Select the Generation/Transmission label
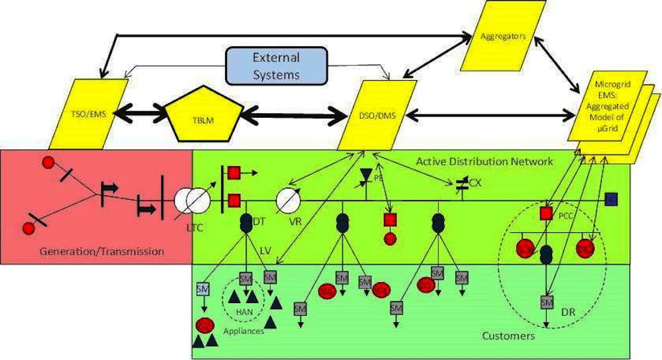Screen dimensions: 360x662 (101, 251)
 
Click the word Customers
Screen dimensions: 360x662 (508, 336)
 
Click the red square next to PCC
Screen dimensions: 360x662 (546, 213)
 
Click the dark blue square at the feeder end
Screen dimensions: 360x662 (611, 199)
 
